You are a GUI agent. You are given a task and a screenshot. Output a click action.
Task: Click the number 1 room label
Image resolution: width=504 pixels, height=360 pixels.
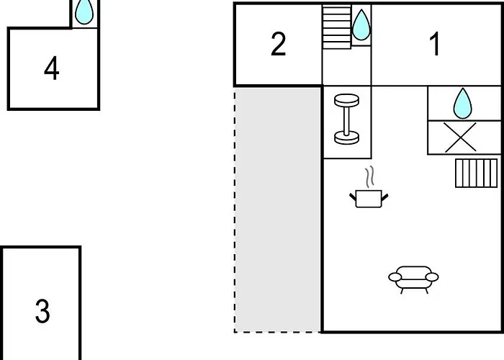coord(435,45)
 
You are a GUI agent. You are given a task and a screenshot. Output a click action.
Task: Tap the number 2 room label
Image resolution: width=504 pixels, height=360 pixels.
coord(279,45)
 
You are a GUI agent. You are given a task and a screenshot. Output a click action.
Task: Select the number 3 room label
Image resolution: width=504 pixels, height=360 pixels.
coord(42,312)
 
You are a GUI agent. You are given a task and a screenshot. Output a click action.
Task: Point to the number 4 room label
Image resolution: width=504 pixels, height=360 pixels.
coord(51,69)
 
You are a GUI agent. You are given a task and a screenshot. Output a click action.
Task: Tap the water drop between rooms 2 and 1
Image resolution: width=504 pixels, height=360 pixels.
coord(361,27)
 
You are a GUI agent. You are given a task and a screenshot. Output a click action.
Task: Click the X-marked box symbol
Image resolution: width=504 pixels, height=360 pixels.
coord(461,137)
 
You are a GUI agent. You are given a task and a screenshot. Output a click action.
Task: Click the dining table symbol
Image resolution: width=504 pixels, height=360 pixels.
coord(347,119)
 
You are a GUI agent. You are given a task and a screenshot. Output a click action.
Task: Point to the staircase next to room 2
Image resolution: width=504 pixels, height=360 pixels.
coord(336,27)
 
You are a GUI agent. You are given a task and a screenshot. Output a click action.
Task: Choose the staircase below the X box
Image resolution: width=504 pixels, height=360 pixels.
coord(476,173)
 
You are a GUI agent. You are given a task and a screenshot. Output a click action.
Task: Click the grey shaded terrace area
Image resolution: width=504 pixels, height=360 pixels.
coord(278,209)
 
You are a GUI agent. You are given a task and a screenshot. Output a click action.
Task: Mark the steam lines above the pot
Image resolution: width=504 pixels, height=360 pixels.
coord(371,176)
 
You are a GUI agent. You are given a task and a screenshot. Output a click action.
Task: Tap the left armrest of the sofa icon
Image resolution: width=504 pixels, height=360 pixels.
coord(394,276)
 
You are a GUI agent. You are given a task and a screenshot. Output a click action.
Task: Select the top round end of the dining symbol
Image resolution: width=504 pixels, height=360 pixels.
coord(347,99)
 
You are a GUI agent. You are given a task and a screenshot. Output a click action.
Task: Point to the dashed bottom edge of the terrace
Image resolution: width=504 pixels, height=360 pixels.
coord(278,332)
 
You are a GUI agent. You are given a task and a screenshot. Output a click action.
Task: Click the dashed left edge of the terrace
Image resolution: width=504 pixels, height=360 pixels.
coord(235,209)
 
